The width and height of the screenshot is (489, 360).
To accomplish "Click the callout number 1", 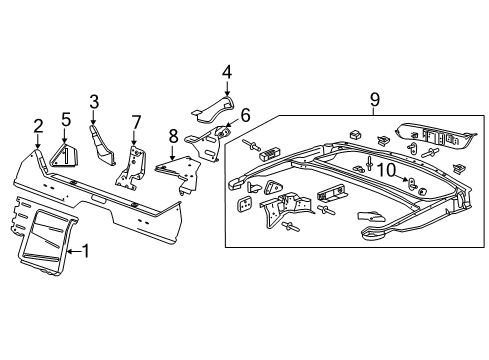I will [x=86, y=251].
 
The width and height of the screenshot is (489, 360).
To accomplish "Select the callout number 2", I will [x=38, y=125].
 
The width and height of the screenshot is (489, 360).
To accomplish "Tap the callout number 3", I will [x=94, y=101].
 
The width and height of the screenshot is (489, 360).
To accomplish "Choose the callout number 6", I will [x=244, y=115].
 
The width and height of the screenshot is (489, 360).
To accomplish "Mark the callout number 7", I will [x=136, y=122].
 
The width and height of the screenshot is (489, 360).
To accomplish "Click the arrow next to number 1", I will [x=74, y=250].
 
